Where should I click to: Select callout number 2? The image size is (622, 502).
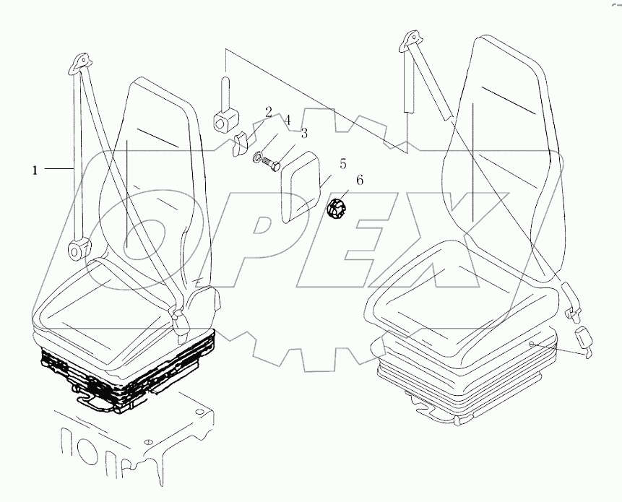[268, 112]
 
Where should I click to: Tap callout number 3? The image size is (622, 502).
[304, 133]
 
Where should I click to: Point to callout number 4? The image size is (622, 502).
[287, 121]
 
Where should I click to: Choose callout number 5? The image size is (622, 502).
[343, 163]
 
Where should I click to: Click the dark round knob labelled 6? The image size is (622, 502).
[337, 209]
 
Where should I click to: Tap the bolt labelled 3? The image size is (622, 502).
[272, 164]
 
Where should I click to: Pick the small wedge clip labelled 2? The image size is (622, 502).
[239, 145]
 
